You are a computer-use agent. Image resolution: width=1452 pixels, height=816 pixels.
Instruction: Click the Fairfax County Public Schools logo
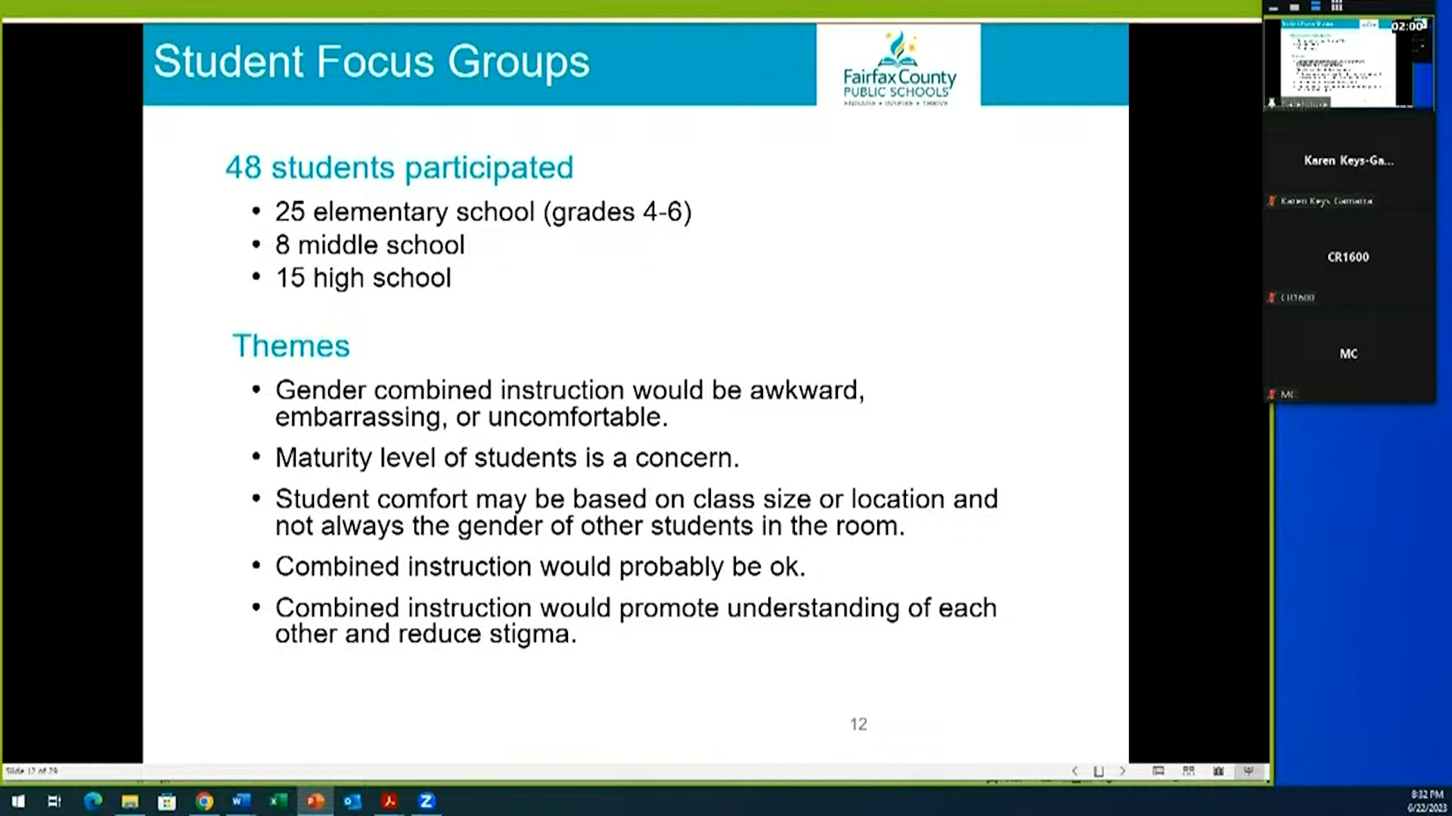coord(898,68)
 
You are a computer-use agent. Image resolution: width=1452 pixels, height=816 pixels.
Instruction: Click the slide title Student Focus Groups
coord(371,62)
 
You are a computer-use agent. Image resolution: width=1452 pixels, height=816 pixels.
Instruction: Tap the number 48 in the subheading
coord(243,168)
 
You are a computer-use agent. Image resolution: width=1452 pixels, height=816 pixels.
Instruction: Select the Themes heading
coord(291,346)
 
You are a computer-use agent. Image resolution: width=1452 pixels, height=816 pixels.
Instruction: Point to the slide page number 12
coord(858,724)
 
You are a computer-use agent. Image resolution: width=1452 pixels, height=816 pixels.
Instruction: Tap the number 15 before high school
coord(290,278)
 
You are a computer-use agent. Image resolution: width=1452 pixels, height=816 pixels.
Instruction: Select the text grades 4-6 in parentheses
coord(617,212)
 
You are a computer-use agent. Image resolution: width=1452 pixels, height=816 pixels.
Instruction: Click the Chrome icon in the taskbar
coord(204,801)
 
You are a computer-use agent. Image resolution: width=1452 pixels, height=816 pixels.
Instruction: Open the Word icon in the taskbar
coord(241,801)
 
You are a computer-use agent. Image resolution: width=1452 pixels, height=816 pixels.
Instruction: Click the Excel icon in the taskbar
coord(278,801)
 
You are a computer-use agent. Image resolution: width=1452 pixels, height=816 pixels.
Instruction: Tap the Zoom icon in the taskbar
coord(427,801)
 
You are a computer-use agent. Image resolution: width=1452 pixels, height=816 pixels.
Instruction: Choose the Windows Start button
coord(18,801)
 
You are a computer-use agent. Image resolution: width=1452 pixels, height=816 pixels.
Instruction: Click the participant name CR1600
coord(1348,257)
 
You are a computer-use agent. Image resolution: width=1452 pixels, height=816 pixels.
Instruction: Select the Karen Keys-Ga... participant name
coord(1348,160)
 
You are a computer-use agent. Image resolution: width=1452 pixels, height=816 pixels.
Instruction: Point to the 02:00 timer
coord(1407,26)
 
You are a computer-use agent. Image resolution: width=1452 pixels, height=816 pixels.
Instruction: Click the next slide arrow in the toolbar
coord(1122,771)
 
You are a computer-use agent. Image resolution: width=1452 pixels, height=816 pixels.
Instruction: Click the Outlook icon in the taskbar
coord(352,801)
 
